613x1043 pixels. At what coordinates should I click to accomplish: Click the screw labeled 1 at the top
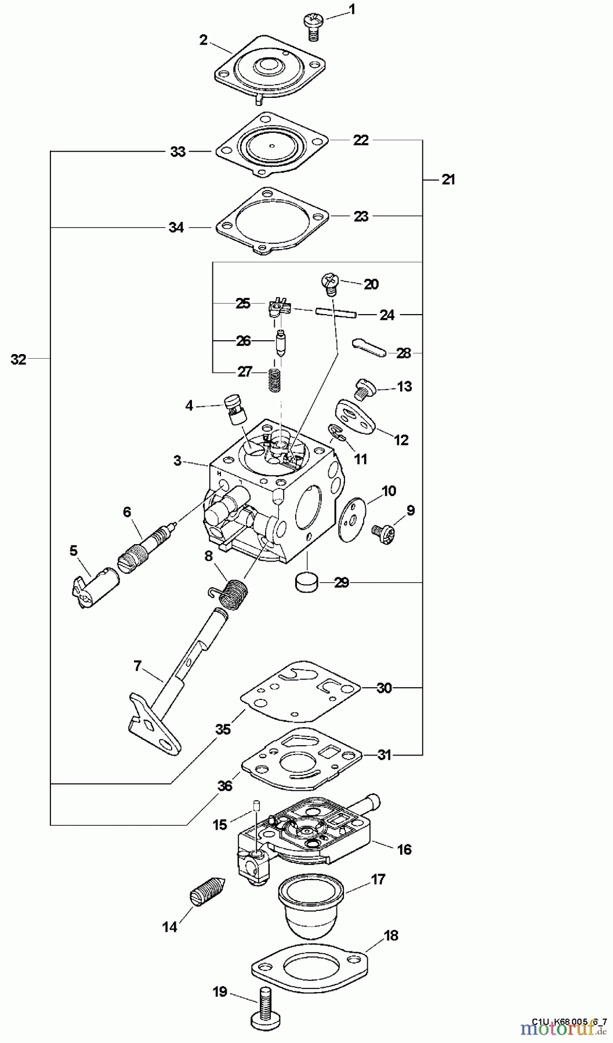[313, 26]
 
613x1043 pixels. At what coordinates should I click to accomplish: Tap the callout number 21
[448, 180]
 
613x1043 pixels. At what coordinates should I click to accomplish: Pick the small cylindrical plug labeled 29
[307, 582]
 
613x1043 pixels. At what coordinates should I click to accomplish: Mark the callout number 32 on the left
[19, 359]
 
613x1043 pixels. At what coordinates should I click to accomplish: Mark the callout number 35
[223, 729]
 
